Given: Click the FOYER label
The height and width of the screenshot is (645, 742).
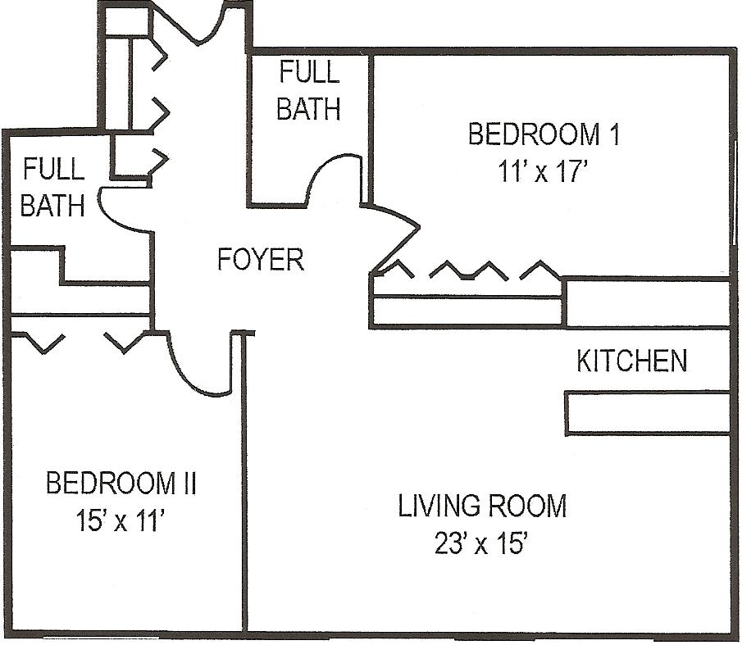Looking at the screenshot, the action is tap(260, 259).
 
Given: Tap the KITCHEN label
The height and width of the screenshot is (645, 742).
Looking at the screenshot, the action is tap(632, 361).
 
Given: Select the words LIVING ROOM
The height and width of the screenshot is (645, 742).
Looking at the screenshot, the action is tap(482, 506).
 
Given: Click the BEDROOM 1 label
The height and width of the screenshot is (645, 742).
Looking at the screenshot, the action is tap(544, 134).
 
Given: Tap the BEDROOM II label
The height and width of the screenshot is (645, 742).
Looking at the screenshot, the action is tap(121, 484).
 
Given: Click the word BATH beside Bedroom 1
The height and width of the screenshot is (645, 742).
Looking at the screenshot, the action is tap(308, 109).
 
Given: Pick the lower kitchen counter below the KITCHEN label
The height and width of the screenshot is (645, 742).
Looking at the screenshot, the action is tap(648, 412).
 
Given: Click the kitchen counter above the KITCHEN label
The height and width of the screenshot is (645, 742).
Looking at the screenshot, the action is tap(648, 302).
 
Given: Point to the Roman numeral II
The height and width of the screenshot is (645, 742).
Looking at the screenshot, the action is tap(189, 484).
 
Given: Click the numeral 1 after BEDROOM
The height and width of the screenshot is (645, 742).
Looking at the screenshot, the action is tap(614, 134).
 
